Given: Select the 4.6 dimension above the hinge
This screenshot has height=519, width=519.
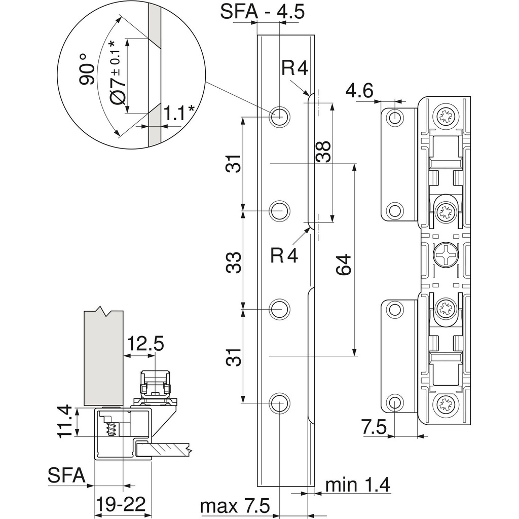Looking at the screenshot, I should [x=359, y=91].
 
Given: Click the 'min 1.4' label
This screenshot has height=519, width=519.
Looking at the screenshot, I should [x=357, y=485].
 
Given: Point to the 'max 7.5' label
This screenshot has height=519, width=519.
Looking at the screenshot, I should [x=234, y=506].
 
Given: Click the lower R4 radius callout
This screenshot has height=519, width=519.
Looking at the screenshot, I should [x=284, y=255].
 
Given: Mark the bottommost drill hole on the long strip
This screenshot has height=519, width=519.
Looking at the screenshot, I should [x=279, y=403].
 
